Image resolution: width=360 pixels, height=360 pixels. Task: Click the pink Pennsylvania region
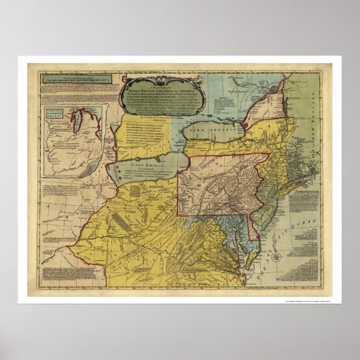click(217, 183)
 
